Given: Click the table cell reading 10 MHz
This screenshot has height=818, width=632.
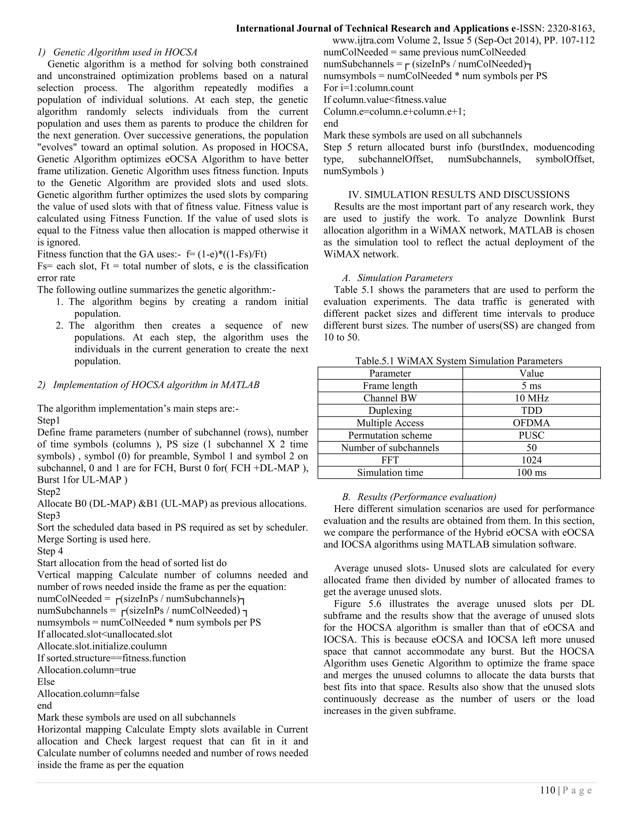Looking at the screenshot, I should coord(531,398).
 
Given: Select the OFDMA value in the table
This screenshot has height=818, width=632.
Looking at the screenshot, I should coord(531,423).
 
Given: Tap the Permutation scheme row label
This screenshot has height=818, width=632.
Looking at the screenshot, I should coord(390,435).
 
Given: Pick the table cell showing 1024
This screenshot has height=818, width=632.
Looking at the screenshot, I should coord(531,460).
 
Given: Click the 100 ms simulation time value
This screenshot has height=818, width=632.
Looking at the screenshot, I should coord(531,472).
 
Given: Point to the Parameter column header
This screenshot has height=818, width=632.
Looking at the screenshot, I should coord(390,374).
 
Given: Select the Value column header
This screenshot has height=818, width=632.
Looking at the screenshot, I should coord(531,374).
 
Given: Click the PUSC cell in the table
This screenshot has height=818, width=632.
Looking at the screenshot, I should coord(531,435).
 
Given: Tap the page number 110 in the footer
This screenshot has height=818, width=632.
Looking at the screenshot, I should coord(547,790).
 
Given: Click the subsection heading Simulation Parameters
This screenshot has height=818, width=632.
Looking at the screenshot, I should coord(404,278).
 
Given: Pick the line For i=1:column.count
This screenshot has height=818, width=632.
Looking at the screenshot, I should coord(368,88).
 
